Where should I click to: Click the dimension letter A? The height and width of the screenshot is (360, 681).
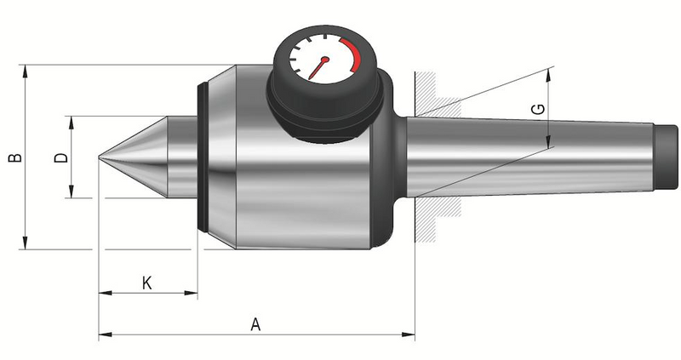[255, 324]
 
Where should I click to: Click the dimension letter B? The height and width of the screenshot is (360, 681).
[15, 157]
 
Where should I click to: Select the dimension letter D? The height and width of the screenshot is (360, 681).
[61, 157]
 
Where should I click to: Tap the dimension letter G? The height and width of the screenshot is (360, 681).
[538, 109]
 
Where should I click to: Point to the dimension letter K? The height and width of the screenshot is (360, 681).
[146, 283]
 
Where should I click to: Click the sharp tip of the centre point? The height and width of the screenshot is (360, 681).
[99, 157]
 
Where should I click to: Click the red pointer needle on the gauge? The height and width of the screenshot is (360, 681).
[319, 68]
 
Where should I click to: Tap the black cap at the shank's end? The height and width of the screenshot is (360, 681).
[666, 157]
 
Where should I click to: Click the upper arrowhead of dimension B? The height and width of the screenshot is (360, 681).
[25, 71]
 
